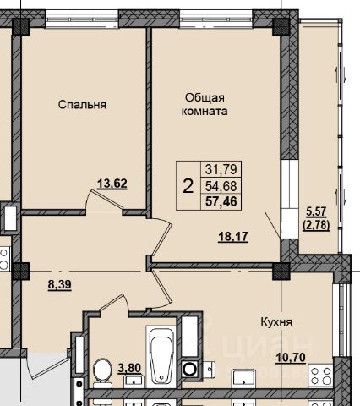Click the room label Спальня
[82, 105]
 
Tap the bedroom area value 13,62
[112, 184]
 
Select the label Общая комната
[205, 104]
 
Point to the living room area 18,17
[233, 237]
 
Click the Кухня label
[276, 322]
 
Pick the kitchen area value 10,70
[291, 358]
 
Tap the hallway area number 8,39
[59, 284]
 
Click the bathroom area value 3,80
[129, 368]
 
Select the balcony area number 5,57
[316, 211]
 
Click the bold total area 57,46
[221, 201]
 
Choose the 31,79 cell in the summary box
[221, 169]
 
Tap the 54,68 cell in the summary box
[221, 186]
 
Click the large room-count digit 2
[188, 186]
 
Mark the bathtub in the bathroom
[161, 356]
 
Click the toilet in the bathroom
[102, 373]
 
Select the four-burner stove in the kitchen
[320, 376]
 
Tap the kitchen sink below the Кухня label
[243, 378]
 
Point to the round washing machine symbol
[189, 369]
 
